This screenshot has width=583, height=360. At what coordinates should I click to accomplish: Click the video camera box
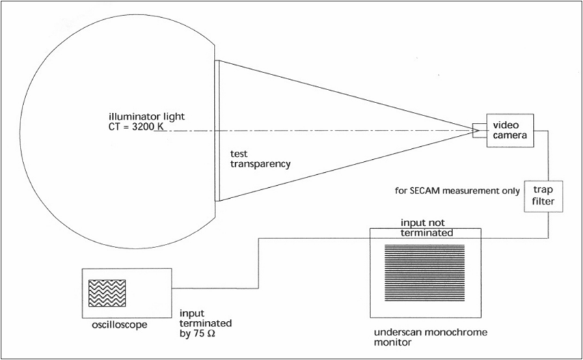tap(509, 129)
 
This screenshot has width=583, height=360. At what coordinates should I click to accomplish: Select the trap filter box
tap(543, 195)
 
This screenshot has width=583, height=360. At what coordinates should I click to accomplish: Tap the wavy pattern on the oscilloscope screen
tap(107, 292)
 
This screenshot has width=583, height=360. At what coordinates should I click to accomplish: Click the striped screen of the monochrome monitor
tap(425, 273)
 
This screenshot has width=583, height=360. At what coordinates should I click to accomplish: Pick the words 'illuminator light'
tap(141, 115)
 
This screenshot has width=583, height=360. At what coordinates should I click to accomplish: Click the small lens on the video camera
tap(476, 129)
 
